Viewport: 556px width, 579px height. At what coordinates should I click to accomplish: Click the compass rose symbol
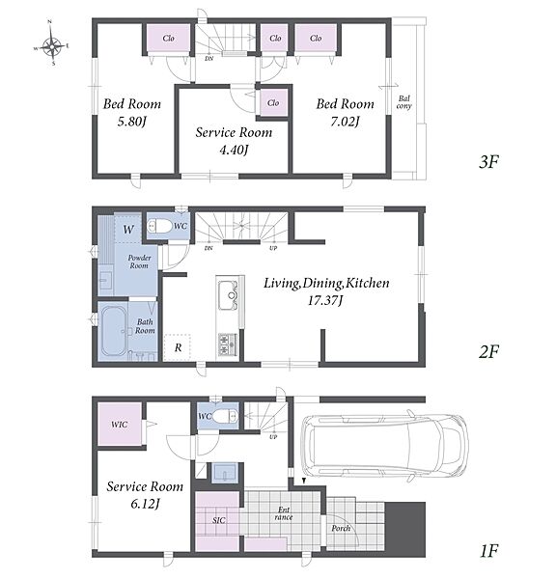coord(52,45)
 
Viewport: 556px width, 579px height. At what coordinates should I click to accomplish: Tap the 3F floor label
coord(488,162)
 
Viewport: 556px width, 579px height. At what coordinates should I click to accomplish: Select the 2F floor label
coord(488,351)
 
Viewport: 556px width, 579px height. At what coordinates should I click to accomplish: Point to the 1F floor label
coord(489,551)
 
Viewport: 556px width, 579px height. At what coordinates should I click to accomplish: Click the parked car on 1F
coord(384,445)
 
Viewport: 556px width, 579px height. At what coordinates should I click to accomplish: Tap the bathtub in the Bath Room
coord(113,331)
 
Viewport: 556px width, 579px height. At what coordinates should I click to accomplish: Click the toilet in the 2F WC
coord(159,226)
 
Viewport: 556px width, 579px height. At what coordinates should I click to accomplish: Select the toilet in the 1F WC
coord(225,416)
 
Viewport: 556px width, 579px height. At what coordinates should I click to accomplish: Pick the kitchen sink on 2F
coord(228,295)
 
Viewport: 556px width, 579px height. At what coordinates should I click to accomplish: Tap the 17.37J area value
coord(325,300)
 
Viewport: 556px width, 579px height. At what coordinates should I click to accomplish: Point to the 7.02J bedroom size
coord(345,122)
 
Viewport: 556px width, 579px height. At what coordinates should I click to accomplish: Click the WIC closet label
coord(120,425)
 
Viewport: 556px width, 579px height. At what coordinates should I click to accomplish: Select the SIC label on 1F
coord(219,520)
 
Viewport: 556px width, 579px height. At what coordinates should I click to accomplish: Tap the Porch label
coord(341,529)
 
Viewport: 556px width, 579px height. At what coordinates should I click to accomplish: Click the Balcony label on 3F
coord(403,102)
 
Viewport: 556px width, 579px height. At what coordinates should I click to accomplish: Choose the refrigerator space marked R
coord(178,347)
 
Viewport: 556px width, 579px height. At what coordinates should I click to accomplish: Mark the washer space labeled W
coord(128,230)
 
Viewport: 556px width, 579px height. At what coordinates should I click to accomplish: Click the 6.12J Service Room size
coord(145,504)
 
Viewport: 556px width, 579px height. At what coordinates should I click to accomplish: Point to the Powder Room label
coord(139,262)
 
